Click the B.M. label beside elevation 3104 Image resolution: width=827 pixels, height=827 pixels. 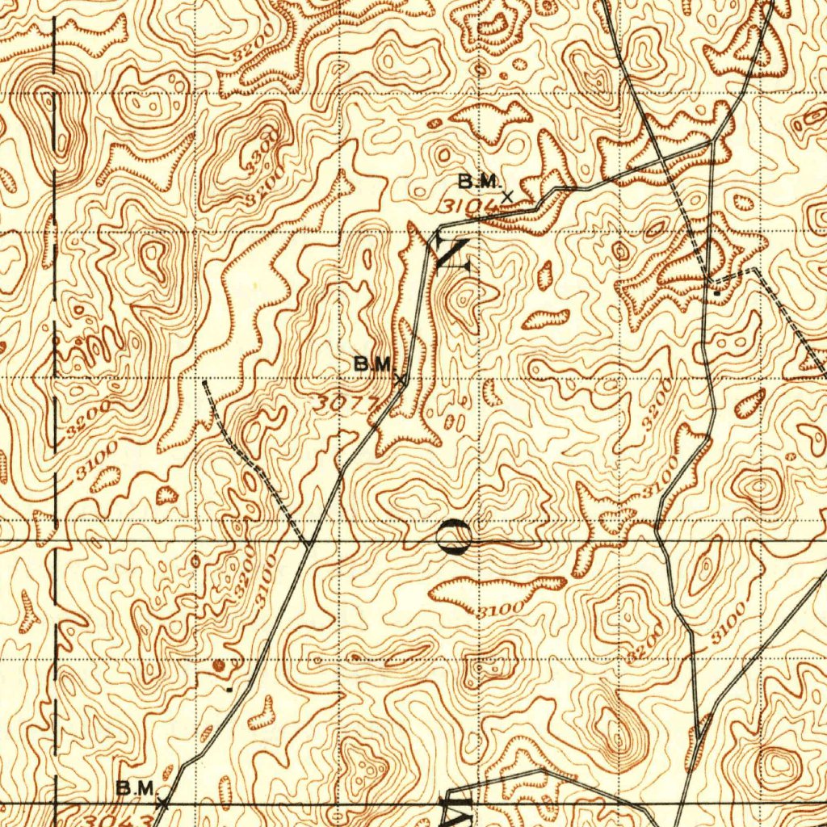point(480,180)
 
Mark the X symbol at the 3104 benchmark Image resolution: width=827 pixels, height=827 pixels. point(507,195)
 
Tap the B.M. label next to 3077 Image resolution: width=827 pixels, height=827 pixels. point(373,364)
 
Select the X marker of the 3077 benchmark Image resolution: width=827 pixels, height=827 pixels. point(399,379)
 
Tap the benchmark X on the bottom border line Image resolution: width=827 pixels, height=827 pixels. point(162,804)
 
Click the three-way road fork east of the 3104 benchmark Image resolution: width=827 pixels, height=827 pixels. point(711,142)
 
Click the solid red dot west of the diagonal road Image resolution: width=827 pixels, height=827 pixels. point(219,665)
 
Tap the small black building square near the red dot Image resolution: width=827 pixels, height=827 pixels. point(229,690)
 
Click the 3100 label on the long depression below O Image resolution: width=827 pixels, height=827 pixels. point(497,610)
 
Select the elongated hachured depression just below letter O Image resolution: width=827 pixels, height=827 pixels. point(493,591)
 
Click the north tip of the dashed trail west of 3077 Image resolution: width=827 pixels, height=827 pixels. point(204,381)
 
